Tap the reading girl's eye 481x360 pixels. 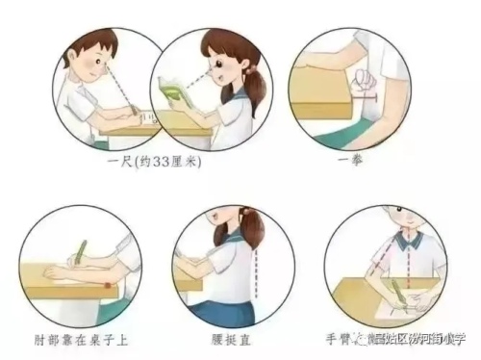pos(222,68)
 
